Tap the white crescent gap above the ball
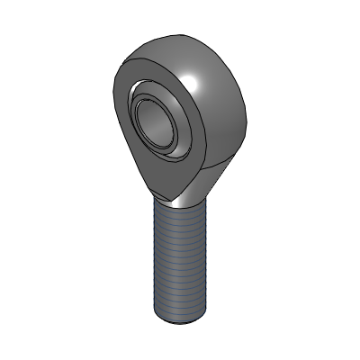click(x=148, y=91)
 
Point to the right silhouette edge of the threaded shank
click(x=211, y=261)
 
